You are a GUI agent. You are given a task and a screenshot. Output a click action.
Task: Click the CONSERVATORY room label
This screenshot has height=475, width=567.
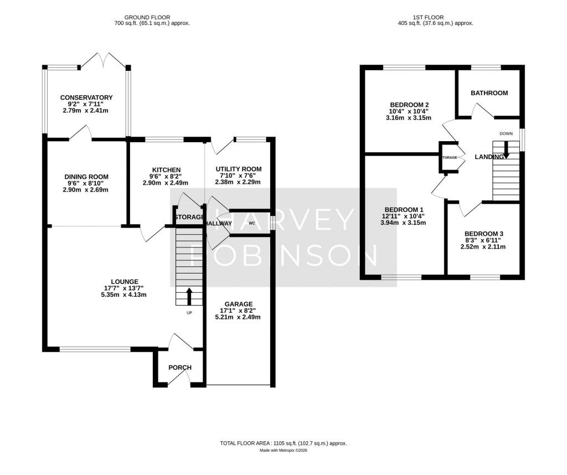86,98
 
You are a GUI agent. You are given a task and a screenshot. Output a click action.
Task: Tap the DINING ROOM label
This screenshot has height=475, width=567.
86,177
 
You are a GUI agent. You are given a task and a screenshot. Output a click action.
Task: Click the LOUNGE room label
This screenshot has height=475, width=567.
123,281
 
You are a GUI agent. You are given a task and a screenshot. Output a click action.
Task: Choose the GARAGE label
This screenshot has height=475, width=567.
238,304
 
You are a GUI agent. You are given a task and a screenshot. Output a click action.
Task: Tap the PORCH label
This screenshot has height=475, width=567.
180,368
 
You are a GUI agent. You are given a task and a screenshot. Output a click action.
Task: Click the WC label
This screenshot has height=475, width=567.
252,224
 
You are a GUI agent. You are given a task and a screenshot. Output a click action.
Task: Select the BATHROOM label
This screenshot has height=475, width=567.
489,93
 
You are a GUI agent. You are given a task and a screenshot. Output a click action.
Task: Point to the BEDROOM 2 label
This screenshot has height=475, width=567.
410,105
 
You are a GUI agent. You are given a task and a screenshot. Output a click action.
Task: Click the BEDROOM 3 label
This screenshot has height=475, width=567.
483,234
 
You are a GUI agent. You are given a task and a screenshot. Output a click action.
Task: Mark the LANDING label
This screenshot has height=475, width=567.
489,157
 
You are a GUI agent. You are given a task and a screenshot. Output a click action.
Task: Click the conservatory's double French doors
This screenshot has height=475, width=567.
103,60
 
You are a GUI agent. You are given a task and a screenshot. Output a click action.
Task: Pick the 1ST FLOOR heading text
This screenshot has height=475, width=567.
436,17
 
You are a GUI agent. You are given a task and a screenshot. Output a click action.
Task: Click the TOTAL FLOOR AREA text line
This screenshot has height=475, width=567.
283,443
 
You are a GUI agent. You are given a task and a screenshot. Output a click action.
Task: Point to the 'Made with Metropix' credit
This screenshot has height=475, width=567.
283,451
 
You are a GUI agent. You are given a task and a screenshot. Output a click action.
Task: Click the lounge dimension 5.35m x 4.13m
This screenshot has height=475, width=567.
123,295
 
